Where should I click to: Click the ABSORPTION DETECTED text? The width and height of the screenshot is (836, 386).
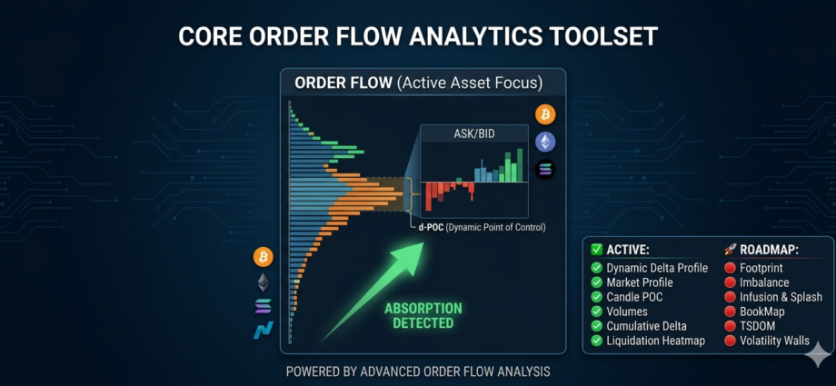click(423, 315)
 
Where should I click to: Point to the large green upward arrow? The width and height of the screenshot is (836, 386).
click(373, 292)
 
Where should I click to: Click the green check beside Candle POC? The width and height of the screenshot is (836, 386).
click(597, 297)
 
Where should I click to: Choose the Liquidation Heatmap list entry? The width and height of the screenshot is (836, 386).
click(655, 341)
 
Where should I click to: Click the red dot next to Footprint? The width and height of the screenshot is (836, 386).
click(730, 268)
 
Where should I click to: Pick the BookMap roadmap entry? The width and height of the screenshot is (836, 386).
click(761, 312)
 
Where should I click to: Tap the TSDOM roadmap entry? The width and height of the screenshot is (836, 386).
click(757, 326)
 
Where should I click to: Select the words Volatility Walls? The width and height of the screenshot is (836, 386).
click(775, 341)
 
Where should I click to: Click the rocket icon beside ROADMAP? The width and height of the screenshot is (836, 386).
click(730, 249)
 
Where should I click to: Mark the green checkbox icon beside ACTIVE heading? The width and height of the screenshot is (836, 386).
click(597, 249)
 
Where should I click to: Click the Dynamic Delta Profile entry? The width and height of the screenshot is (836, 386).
click(657, 268)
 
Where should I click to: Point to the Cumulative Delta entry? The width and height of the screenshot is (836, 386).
click(646, 326)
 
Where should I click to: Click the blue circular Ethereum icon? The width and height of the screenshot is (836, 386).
click(545, 142)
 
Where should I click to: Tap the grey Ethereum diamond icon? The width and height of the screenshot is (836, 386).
click(264, 282)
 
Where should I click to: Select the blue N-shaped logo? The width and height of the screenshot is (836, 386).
click(264, 330)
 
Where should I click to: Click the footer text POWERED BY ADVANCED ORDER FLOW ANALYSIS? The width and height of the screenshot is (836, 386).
click(418, 371)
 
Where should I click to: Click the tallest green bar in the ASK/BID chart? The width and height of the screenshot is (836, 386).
click(520, 165)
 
